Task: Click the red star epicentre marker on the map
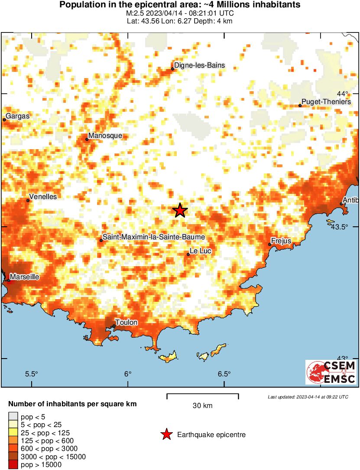click(180, 211)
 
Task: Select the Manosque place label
click(105, 136)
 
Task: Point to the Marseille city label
click(25, 277)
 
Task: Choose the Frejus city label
click(281, 241)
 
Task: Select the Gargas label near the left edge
click(18, 116)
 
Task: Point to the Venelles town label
click(43, 197)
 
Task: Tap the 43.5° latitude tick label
click(339, 227)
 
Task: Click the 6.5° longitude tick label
click(224, 374)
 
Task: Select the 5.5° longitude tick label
click(32, 374)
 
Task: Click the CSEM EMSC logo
click(331, 372)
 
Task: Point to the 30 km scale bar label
click(202, 406)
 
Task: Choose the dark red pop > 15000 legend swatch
click(13, 465)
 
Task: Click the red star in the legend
click(166, 434)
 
